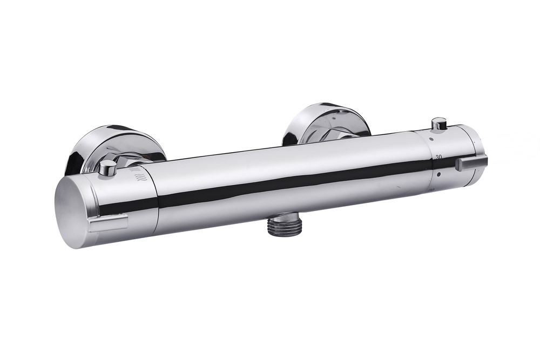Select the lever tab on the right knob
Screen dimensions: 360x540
(471, 162)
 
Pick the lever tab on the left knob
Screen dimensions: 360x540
(109, 222)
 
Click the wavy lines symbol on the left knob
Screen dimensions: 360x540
(140, 174)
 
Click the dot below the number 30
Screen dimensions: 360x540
(438, 174)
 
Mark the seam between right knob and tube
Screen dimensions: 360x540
(432, 162)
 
